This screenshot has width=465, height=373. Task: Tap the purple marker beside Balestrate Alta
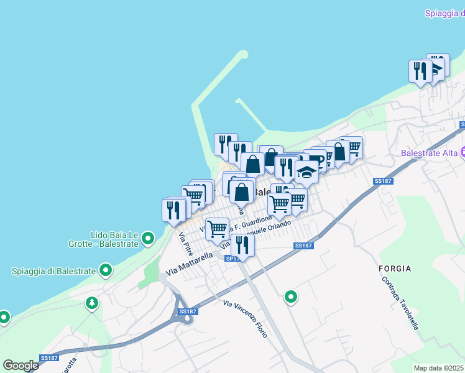(x=463, y=152)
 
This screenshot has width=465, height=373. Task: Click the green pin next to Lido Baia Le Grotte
(x=148, y=238)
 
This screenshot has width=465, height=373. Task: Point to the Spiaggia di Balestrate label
(x=53, y=270)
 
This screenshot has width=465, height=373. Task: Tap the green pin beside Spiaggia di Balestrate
(x=106, y=270)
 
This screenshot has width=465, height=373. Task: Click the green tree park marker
(x=92, y=303)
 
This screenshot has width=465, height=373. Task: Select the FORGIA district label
(x=395, y=269)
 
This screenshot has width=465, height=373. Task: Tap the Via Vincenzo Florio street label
(x=246, y=318)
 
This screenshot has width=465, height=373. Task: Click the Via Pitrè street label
(x=185, y=244)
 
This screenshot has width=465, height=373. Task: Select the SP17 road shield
(x=232, y=258)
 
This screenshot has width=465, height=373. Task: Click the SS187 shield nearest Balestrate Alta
(x=384, y=181)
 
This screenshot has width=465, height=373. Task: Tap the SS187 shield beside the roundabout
(x=186, y=311)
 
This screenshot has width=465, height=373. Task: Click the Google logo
(x=21, y=366)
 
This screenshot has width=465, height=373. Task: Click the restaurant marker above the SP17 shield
(x=242, y=246)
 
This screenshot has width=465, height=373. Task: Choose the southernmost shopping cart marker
(x=217, y=229)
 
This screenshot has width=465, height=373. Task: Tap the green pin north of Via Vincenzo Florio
(x=290, y=298)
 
